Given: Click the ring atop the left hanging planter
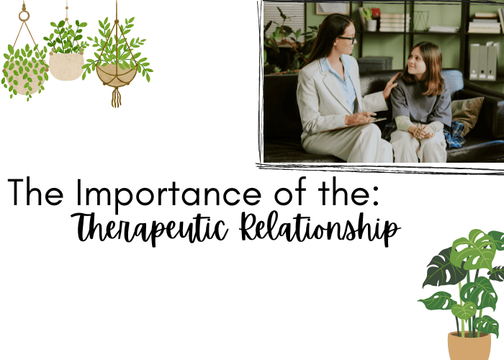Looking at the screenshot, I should [24, 15].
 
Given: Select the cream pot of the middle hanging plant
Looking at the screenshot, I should [66, 66].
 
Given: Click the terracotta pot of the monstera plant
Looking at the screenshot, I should [469, 346].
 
